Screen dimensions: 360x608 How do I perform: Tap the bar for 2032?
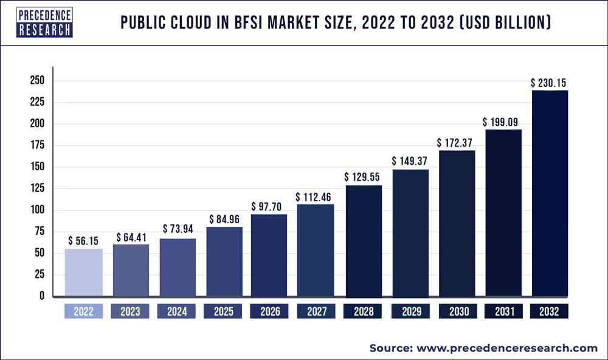[x=550, y=193]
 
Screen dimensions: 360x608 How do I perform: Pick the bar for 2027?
[x=316, y=251]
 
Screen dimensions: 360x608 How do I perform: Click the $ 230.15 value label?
[x=550, y=83]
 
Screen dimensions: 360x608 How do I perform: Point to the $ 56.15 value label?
[x=84, y=241]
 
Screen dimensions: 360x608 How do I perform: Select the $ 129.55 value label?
[x=363, y=178]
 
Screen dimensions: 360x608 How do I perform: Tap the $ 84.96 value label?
[x=224, y=219]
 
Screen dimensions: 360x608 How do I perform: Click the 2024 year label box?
[x=176, y=312]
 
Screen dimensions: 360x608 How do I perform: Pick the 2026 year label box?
[x=269, y=312]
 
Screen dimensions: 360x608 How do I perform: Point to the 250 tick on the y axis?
[x=37, y=81]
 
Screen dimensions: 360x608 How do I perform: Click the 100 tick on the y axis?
[x=37, y=210]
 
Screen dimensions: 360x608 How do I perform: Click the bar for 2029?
[x=410, y=233]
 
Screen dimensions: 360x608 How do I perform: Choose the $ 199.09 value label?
[x=503, y=122]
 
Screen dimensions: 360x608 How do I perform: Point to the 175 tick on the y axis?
[x=37, y=146]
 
